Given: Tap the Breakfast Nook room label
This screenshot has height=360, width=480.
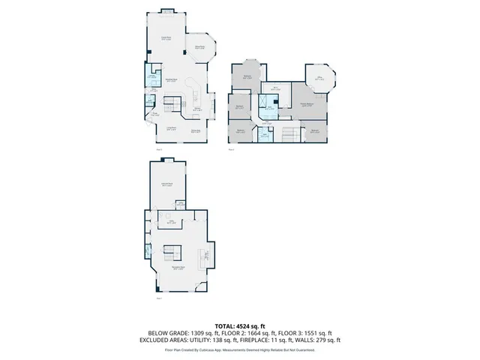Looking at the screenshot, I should coord(171,80).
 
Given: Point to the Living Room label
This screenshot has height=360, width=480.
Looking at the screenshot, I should coord(171,129).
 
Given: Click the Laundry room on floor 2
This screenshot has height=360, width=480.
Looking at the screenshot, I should coord(151,77).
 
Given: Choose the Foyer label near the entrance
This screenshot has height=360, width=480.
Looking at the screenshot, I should coord(156,113).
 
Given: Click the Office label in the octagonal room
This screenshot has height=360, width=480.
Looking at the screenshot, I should coord(318,78).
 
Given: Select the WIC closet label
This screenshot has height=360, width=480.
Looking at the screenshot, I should coord(265,103).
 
